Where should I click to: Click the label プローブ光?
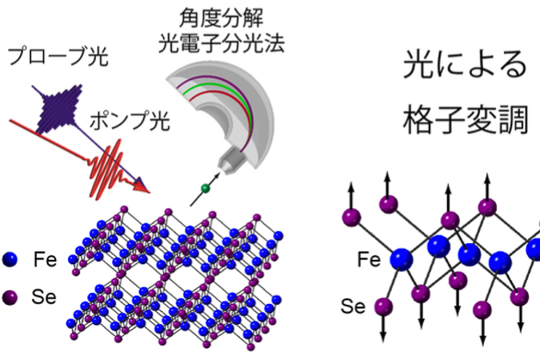[x=58, y=57]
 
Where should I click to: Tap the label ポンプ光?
[x=130, y=121]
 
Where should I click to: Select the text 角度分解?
[x=221, y=18]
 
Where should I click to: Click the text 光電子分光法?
[x=222, y=43]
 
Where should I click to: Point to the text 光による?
[x=465, y=65]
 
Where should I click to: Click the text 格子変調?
[x=466, y=120]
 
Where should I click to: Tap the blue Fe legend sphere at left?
[x=10, y=259]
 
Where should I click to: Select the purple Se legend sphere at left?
[x=10, y=298]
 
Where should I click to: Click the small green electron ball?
[x=206, y=189]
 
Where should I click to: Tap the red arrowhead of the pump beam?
[x=141, y=187]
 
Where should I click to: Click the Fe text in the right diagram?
[x=369, y=259]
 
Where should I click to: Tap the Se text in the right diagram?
[x=353, y=306]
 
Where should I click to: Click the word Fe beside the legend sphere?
[x=45, y=259]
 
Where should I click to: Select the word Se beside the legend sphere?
[x=44, y=297]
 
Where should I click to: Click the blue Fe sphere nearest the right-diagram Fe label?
[x=402, y=259]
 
